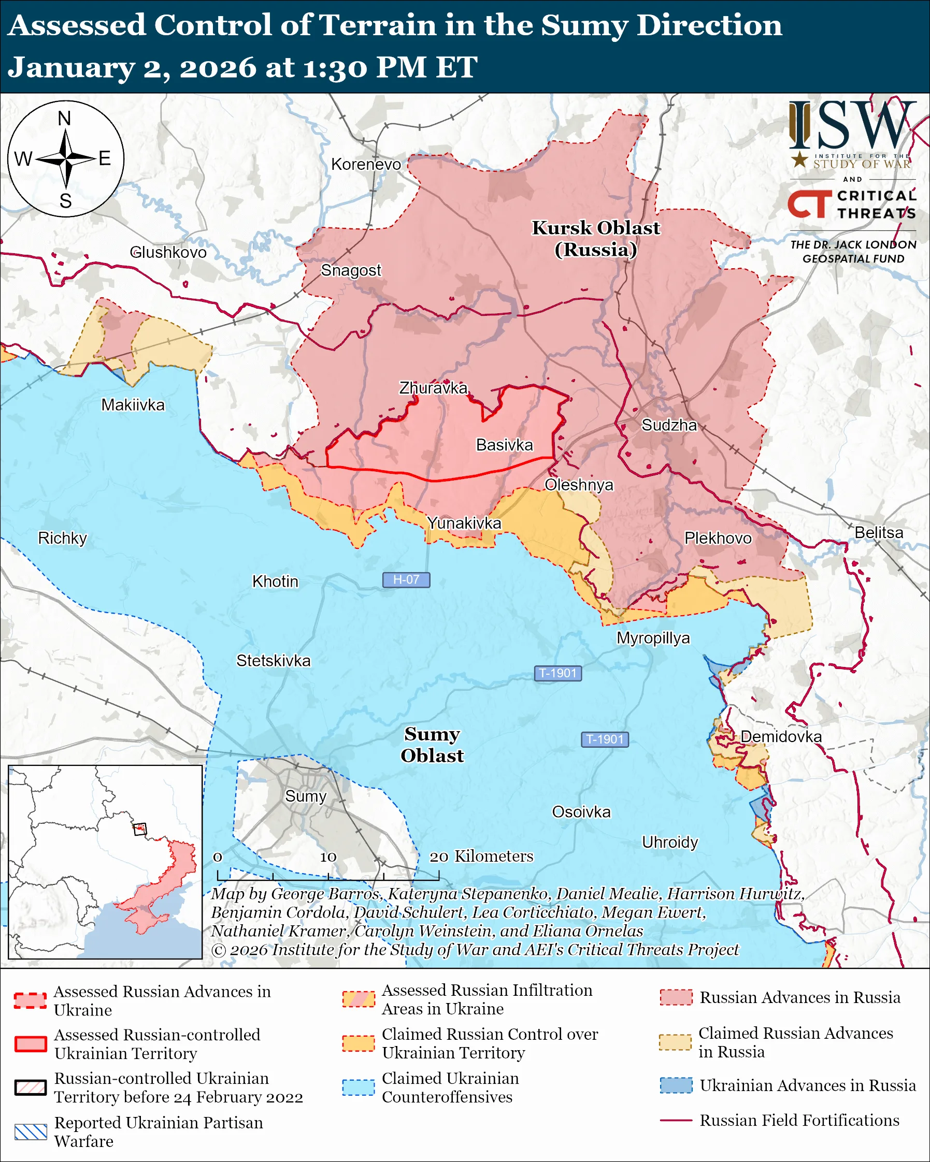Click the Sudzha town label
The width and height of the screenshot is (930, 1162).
click(x=668, y=425)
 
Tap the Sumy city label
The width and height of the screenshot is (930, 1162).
click(x=306, y=796)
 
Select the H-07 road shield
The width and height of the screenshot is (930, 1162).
click(x=406, y=579)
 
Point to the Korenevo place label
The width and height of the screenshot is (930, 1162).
click(x=366, y=164)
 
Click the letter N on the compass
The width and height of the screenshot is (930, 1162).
click(x=65, y=118)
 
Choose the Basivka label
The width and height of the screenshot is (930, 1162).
click(x=504, y=445)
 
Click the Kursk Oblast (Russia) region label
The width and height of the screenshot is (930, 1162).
click(x=596, y=239)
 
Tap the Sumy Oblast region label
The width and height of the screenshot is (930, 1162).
click(x=432, y=744)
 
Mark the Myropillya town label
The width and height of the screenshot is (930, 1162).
click(x=653, y=637)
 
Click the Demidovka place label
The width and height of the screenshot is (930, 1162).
click(x=781, y=736)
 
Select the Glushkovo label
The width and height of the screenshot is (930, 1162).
click(x=168, y=252)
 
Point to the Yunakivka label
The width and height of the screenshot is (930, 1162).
click(x=464, y=523)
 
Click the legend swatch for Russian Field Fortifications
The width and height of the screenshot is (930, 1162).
click(x=676, y=1120)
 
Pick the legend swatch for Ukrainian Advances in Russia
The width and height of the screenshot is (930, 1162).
click(x=676, y=1085)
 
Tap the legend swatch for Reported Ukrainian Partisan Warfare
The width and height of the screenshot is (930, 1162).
click(x=31, y=1132)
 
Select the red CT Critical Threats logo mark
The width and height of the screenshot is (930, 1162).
click(x=809, y=204)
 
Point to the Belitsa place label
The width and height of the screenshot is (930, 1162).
click(x=878, y=532)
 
